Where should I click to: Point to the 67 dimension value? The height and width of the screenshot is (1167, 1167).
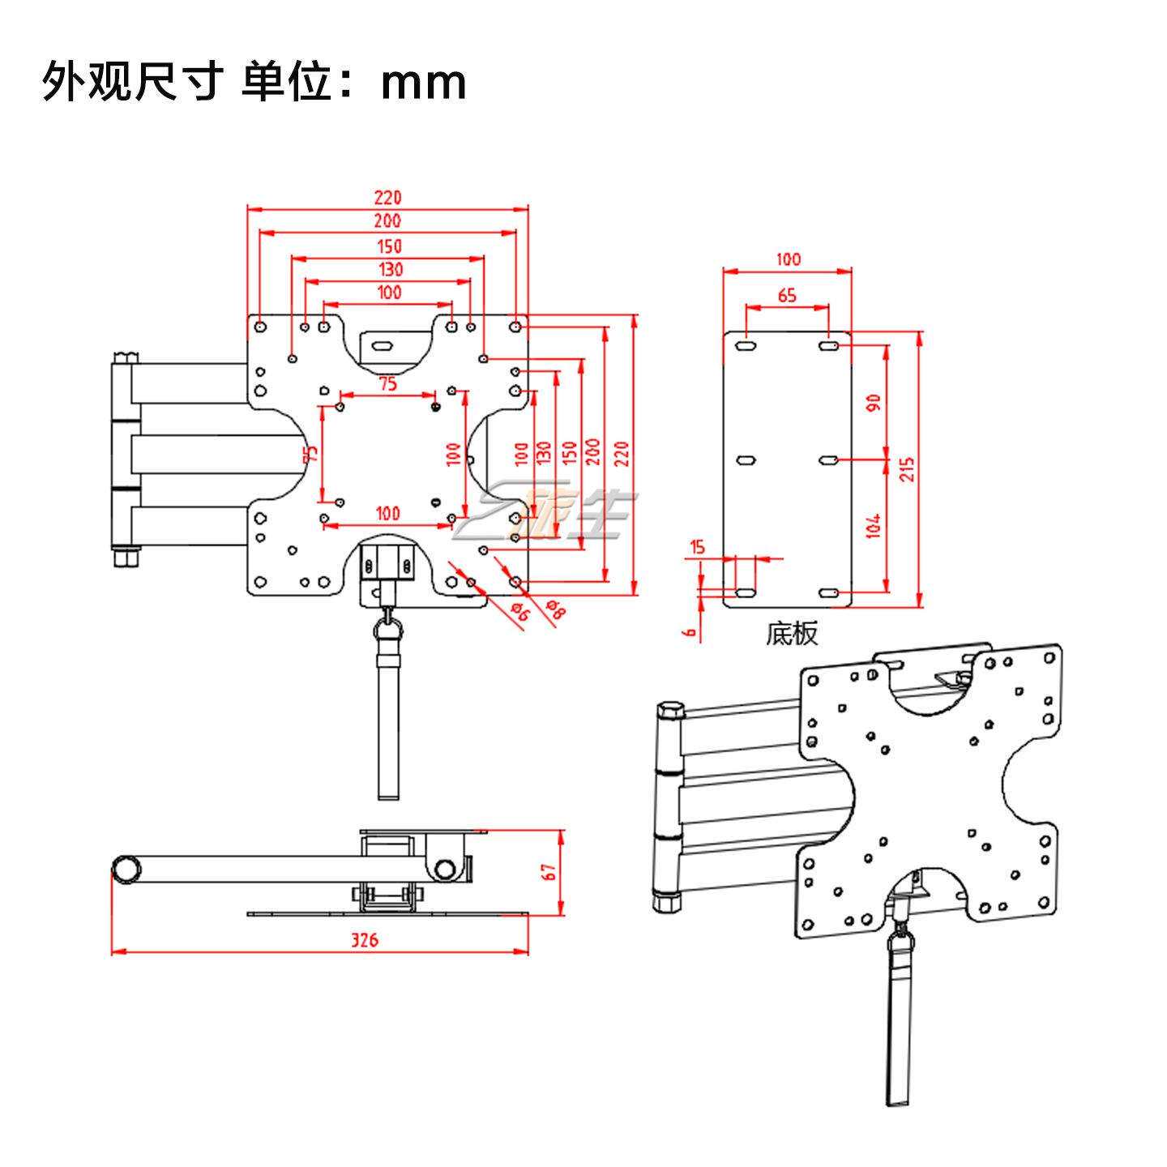click(x=549, y=872)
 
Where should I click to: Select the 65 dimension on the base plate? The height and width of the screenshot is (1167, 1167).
click(x=787, y=295)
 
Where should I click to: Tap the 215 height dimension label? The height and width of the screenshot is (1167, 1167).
click(x=907, y=468)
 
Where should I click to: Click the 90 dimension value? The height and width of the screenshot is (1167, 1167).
click(x=873, y=403)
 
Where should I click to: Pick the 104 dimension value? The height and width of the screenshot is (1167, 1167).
click(x=873, y=526)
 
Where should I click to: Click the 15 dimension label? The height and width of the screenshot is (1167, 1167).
click(x=698, y=547)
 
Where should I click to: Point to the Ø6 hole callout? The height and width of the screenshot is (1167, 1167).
click(x=520, y=612)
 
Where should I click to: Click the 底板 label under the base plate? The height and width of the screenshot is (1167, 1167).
click(x=792, y=634)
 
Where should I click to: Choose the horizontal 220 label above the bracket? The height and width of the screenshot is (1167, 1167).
click(x=387, y=198)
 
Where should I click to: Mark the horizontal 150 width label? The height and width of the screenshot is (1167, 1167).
click(x=389, y=246)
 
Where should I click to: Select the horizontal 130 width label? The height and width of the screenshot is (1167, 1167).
click(x=391, y=269)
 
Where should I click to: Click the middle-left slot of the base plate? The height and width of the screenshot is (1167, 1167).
click(x=746, y=460)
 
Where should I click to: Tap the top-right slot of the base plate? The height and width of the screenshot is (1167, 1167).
click(x=828, y=346)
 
